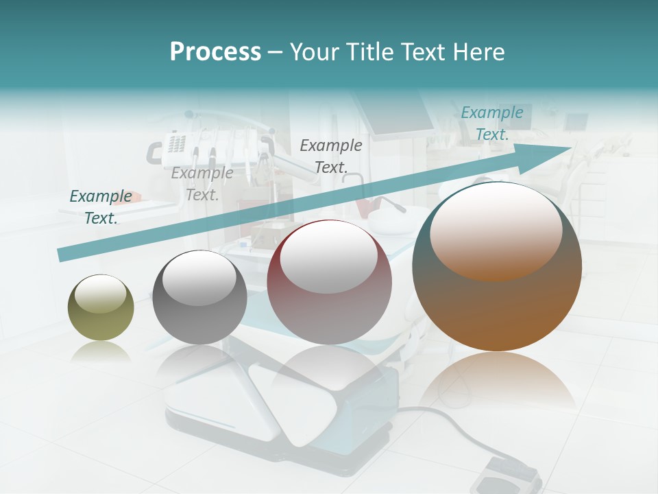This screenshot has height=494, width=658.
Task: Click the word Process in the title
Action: tap(215, 52)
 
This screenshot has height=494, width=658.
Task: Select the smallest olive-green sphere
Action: tap(101, 307)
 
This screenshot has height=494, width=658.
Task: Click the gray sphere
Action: tap(199, 297)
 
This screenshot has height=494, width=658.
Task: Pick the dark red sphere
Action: tap(329, 283)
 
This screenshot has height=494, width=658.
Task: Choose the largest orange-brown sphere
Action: tap(497, 267)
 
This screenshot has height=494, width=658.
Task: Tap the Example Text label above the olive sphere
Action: tap(101, 207)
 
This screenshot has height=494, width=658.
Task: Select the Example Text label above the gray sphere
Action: tap(202, 184)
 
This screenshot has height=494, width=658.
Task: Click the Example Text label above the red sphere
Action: tap(331, 156)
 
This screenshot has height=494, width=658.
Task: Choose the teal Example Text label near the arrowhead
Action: tap(492, 123)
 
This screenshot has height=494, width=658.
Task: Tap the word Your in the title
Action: tap(314, 52)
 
